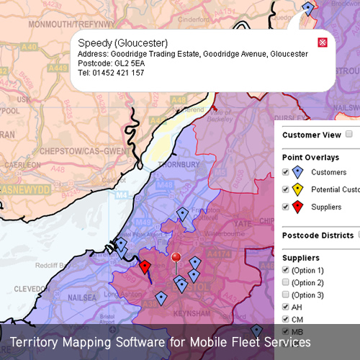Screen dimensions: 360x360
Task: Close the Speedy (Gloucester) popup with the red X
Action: click(x=322, y=42)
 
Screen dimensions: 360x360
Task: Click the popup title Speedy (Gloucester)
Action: click(x=122, y=42)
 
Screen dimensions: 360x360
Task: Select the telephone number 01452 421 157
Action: click(x=116, y=73)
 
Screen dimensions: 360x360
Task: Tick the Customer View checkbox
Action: click(x=349, y=134)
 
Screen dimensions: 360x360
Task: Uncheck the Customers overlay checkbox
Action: click(x=286, y=172)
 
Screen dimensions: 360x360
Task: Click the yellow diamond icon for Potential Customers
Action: click(x=297, y=190)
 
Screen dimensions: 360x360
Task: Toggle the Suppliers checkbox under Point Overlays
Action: click(x=286, y=207)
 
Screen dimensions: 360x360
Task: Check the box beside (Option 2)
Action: click(x=286, y=282)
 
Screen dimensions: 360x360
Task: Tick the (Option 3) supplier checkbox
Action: click(x=286, y=294)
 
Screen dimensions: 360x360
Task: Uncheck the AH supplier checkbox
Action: click(x=286, y=307)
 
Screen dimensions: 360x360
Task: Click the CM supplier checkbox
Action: click(x=286, y=319)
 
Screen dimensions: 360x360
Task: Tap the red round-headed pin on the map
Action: click(x=176, y=258)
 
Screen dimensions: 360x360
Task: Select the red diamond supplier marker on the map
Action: click(x=145, y=267)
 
